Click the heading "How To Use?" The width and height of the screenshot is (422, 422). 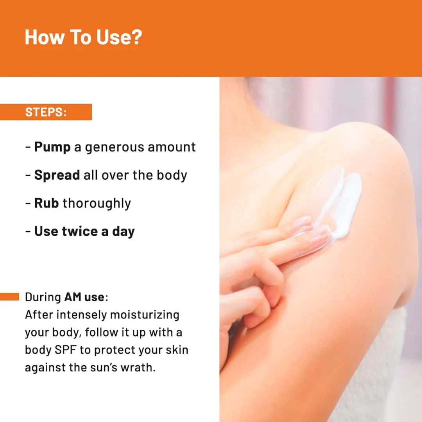[83, 37]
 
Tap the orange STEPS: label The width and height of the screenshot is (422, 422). [46, 112]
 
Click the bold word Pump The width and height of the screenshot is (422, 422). [52, 147]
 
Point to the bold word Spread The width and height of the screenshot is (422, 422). [57, 175]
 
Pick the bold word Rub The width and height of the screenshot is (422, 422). [46, 203]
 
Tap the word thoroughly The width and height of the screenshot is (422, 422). [97, 204]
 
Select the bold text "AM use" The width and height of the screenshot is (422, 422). [84, 297]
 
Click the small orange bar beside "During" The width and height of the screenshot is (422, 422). [9, 297]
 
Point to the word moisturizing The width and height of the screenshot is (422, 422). [145, 315]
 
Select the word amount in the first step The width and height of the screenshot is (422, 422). [172, 147]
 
